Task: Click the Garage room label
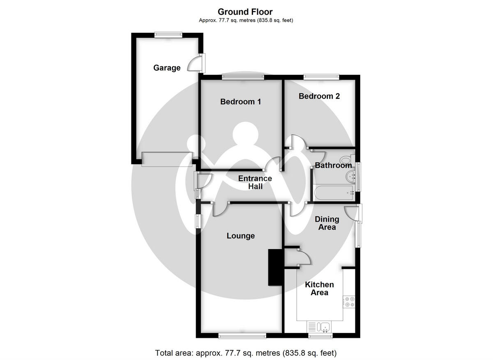click(x=167, y=68)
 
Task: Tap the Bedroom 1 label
click(x=240, y=101)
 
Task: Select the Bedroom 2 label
click(x=319, y=96)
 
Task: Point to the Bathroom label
click(x=333, y=165)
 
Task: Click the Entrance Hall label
click(x=255, y=182)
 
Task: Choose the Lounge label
click(x=241, y=236)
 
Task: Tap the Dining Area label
click(x=327, y=223)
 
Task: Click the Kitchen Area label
click(x=319, y=289)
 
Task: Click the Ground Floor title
click(x=245, y=12)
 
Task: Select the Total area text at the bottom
click(x=246, y=353)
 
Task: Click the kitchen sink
click(x=325, y=327)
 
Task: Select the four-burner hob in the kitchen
click(x=349, y=302)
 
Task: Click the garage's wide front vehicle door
click(x=167, y=159)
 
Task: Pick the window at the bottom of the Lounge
click(x=242, y=336)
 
